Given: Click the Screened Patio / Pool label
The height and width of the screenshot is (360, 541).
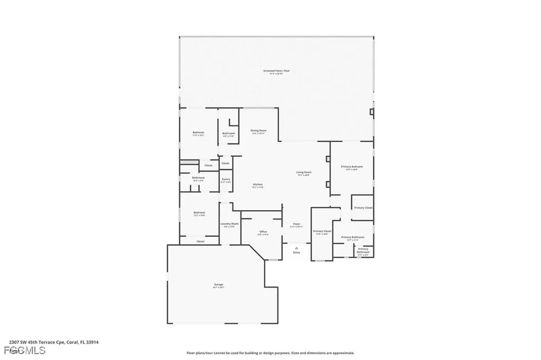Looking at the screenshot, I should click(x=276, y=71).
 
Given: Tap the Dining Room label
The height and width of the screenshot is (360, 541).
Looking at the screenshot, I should click(x=258, y=130).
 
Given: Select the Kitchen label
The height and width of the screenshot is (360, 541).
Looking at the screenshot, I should click(x=258, y=184).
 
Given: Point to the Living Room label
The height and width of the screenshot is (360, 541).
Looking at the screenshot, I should click(x=303, y=172).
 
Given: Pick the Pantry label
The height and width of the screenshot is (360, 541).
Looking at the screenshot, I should click(x=226, y=179).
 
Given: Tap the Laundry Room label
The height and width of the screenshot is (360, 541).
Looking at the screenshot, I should click(x=229, y=223).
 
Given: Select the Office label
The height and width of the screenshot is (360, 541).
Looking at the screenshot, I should click(x=263, y=232).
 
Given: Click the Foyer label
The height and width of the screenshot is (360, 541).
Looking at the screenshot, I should click(x=296, y=224).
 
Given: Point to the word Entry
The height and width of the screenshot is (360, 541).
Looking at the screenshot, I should click(x=296, y=252).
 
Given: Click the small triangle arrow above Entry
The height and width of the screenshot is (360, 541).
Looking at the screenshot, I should click(x=296, y=247).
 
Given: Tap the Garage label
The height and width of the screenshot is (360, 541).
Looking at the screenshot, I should click(x=219, y=285).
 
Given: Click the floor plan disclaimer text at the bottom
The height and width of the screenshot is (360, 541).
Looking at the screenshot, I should click(x=270, y=353).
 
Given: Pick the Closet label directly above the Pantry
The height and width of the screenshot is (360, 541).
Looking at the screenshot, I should click(x=226, y=163).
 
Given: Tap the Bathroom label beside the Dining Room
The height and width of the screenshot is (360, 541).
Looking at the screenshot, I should click(x=228, y=133).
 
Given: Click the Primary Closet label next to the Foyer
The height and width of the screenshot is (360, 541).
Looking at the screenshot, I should click(x=322, y=231).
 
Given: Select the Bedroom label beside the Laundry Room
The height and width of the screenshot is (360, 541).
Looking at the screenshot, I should click(x=199, y=213).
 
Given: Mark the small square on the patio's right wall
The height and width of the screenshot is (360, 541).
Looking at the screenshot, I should click(x=372, y=111).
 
